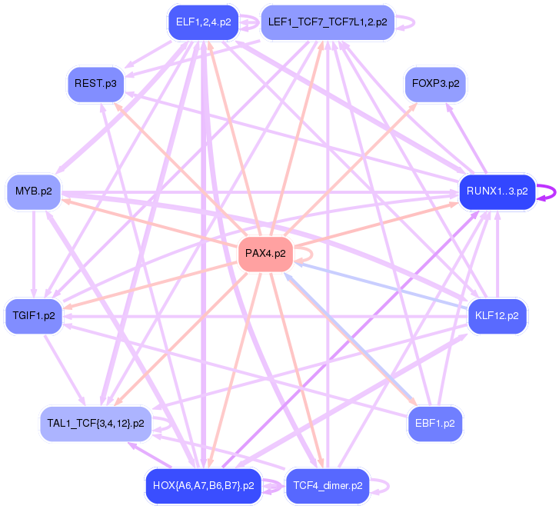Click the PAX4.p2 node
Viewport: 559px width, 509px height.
pyautogui.click(x=265, y=253)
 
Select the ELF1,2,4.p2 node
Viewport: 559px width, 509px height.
pyautogui.click(x=203, y=22)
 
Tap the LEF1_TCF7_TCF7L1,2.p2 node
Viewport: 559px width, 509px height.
pyautogui.click(x=328, y=22)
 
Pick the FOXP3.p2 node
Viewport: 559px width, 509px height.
pyautogui.click(x=436, y=83)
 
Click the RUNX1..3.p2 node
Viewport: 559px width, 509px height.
pyautogui.click(x=497, y=191)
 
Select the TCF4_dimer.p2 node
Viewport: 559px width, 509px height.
pyautogui.click(x=328, y=486)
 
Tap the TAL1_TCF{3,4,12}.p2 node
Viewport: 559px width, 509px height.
pyautogui.click(x=95, y=424)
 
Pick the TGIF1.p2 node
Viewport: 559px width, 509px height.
pyautogui.click(x=34, y=316)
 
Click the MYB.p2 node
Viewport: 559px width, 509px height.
pyautogui.click(x=33, y=191)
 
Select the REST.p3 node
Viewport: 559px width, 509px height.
pyautogui.click(x=95, y=83)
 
